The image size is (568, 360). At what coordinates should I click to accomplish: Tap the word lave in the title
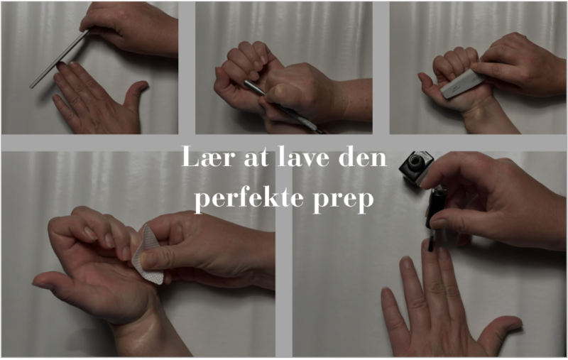[304, 156]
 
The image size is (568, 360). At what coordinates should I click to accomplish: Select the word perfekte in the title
[249, 198]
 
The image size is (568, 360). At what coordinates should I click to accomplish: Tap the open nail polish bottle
[417, 168]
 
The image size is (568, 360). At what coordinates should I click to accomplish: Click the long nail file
[60, 59]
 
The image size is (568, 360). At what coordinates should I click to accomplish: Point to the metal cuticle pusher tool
[283, 106]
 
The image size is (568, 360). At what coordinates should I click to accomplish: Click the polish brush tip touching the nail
[431, 244]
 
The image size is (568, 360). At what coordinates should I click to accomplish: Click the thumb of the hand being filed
[136, 94]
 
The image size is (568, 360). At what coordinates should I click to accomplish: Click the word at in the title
[257, 158]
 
